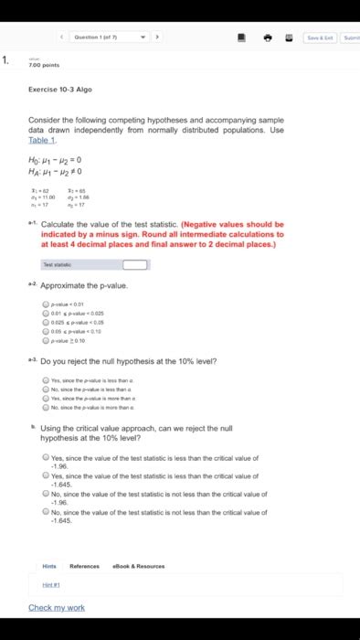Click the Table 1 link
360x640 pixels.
[x=42, y=140]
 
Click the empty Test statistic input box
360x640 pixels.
[x=134, y=240]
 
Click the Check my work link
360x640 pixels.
[x=57, y=607]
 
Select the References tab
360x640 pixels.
[x=84, y=566]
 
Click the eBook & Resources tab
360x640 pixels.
[x=139, y=566]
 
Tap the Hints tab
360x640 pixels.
[x=49, y=566]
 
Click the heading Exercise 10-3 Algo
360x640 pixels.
[x=61, y=89]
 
